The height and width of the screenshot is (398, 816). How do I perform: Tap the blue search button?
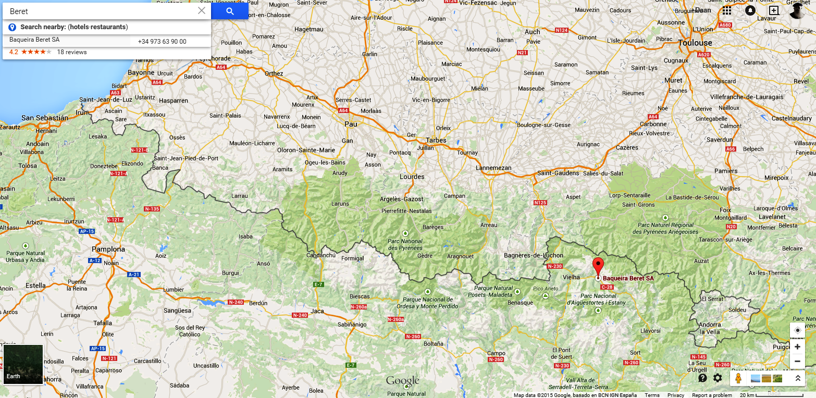[230, 11]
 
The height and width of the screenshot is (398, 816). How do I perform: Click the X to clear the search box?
[202, 11]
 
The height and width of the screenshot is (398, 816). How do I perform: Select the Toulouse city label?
[695, 43]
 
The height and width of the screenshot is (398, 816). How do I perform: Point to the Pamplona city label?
[108, 249]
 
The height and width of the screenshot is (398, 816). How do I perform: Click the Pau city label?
[351, 124]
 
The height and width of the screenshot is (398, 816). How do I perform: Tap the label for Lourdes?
[412, 177]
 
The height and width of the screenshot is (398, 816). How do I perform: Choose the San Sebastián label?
[45, 118]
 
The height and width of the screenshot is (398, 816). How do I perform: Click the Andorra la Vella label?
[710, 328]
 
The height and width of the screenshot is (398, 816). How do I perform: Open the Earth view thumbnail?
[23, 364]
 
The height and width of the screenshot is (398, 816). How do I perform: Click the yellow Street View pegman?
[737, 378]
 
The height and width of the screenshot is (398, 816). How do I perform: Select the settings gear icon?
[718, 378]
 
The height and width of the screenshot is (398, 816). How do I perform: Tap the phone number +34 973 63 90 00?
[162, 42]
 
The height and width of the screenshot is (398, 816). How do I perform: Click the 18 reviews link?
[72, 52]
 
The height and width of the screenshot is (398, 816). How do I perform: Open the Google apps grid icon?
[727, 11]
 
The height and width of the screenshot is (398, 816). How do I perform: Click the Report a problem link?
[712, 395]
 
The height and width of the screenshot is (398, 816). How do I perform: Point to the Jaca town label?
[317, 312]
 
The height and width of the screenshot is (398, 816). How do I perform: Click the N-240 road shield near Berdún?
[236, 302]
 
